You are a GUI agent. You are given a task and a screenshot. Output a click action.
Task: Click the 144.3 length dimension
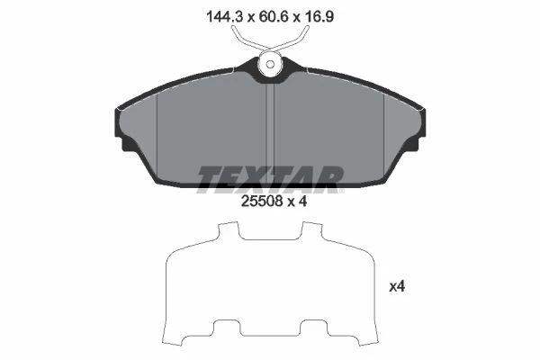click(225, 16)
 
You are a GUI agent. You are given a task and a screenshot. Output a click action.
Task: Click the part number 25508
click(262, 202)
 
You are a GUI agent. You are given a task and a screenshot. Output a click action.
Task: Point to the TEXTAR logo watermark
click(270, 179)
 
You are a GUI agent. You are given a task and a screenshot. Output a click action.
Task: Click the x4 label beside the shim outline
click(397, 286)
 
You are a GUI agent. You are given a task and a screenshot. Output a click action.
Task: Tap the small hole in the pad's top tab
click(270, 65)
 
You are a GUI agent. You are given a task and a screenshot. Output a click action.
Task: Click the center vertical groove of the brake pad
click(270, 134)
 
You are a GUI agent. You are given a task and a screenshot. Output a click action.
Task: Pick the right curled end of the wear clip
click(306, 31)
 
